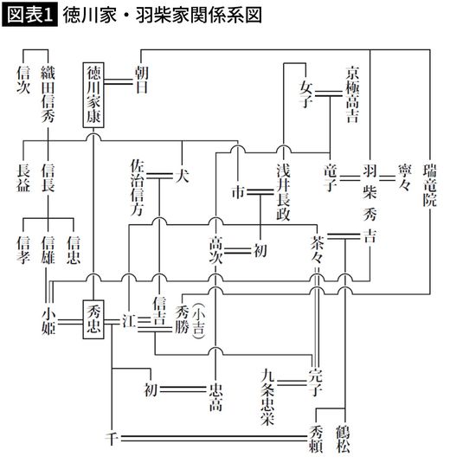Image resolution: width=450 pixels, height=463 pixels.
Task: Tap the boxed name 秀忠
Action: [95, 318]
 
